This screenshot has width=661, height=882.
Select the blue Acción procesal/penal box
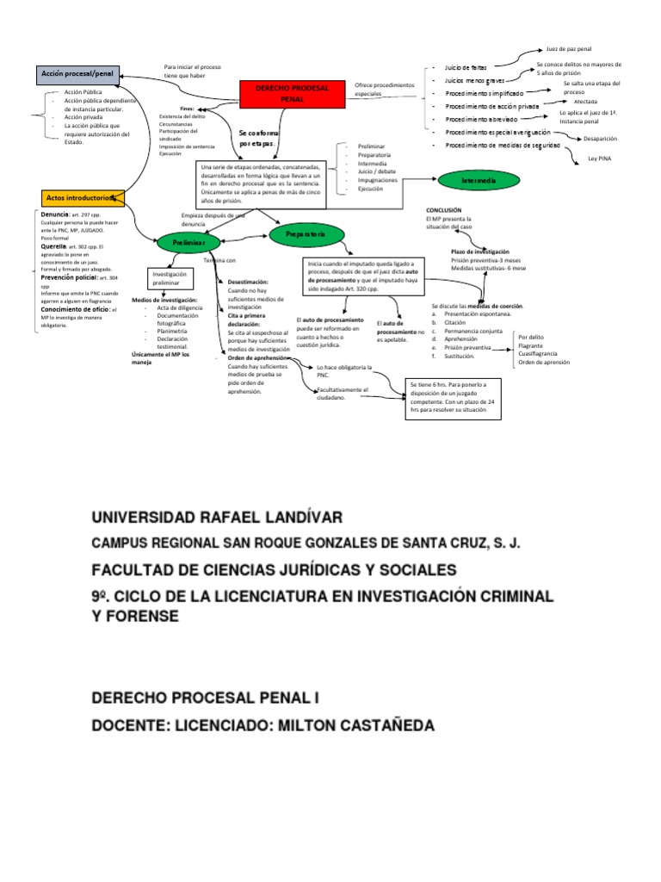[x=77, y=75]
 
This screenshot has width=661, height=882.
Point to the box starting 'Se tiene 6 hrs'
[x=453, y=397]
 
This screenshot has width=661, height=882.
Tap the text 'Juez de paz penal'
[x=569, y=50]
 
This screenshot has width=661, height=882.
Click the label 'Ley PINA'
[x=598, y=158]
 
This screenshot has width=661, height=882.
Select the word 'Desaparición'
[x=600, y=138]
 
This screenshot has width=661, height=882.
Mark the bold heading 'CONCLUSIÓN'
[x=443, y=210]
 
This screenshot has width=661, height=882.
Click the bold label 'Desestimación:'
[x=248, y=282]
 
